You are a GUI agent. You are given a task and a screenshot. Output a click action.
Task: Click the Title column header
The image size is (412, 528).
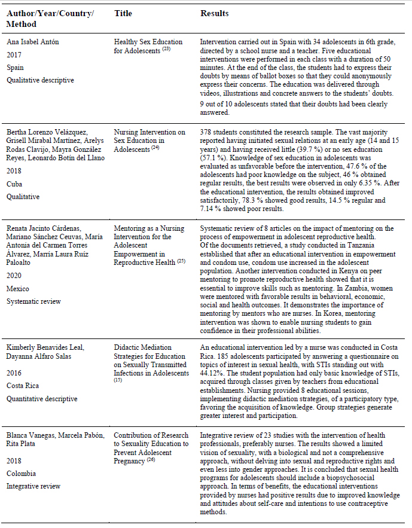[x=123, y=13]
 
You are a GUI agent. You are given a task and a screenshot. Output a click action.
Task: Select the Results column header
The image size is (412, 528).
[x=214, y=13]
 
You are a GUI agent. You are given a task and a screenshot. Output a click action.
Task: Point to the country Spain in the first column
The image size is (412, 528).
[x=15, y=68]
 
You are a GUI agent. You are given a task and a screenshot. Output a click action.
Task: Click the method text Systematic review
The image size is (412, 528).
[x=33, y=301]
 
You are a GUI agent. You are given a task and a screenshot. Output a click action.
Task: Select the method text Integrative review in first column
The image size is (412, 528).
[x=33, y=486]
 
